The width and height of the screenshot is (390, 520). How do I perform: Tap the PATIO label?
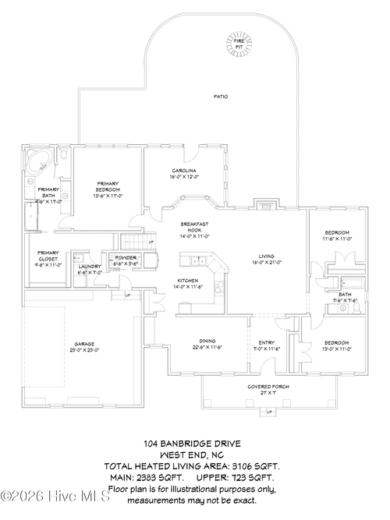pyautogui.click(x=221, y=97)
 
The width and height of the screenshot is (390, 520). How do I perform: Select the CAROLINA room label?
pyautogui.click(x=185, y=173)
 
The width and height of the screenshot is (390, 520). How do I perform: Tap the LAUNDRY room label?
pyautogui.click(x=90, y=269)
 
